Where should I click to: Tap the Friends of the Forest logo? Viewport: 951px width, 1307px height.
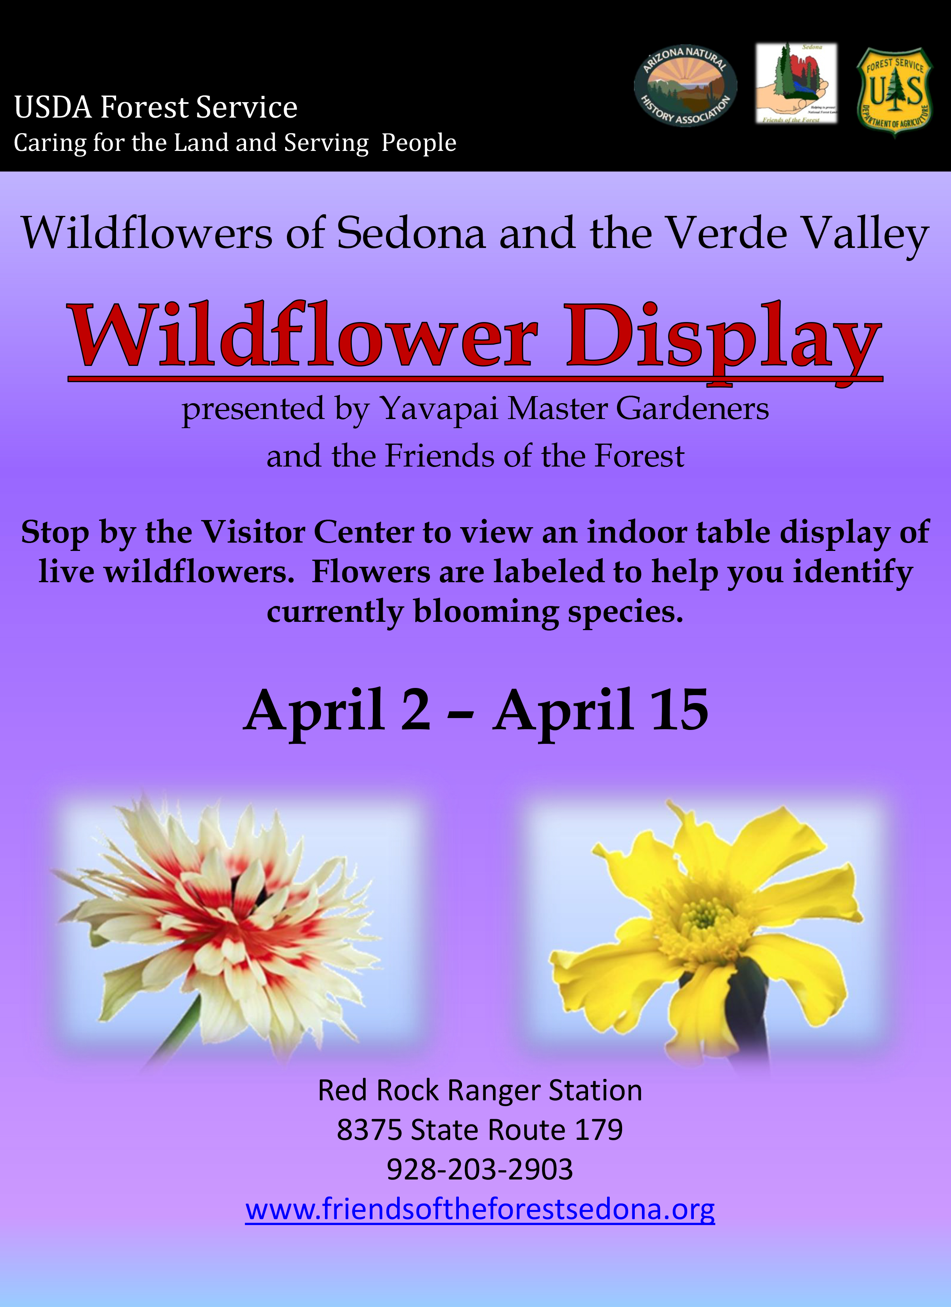[x=796, y=83]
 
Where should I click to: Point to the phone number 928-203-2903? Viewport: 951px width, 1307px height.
[x=480, y=1169]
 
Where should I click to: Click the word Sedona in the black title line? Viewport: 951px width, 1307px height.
[x=411, y=233]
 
